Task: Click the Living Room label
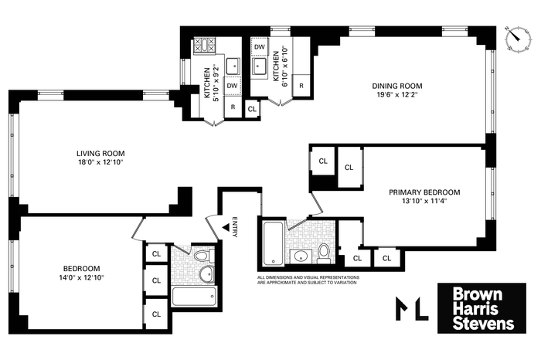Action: point(100,154)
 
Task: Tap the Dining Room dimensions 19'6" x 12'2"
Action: point(396,95)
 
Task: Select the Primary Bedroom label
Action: point(424,192)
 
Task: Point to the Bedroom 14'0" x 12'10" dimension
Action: point(81,277)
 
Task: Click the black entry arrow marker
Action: point(226,227)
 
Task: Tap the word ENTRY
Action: point(235,227)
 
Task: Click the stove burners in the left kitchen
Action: point(204,46)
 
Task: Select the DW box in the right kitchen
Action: point(260,46)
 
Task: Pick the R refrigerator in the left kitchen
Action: point(233,107)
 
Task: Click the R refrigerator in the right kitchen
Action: point(301,86)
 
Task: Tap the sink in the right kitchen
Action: point(259,66)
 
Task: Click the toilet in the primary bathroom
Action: point(324,253)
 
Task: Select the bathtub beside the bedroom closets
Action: point(194,296)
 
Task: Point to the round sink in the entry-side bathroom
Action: point(206,274)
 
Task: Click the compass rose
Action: point(518,39)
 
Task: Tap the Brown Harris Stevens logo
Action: point(481,308)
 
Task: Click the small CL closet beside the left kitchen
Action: point(252,109)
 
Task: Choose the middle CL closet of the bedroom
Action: point(157,280)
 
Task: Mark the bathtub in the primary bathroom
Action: point(274,244)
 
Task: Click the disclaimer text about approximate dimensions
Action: point(308,280)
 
